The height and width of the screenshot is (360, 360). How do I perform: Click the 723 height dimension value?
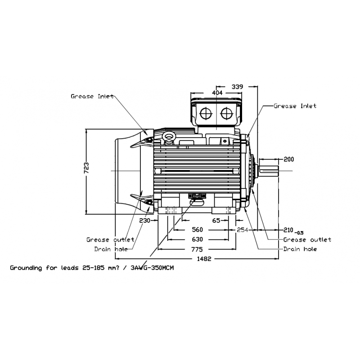click(x=87, y=167)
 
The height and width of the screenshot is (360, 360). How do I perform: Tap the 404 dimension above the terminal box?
click(x=217, y=92)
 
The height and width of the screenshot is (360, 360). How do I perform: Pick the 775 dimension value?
click(x=197, y=249)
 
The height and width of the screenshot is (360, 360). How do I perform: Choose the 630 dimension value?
click(x=197, y=239)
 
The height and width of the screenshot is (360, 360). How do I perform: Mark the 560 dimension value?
click(x=197, y=229)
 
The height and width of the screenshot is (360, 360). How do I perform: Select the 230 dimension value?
click(x=144, y=220)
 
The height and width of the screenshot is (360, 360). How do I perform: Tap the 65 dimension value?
click(x=216, y=220)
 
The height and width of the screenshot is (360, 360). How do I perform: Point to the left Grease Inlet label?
click(x=93, y=96)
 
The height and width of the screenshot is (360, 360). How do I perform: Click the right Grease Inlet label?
click(x=295, y=106)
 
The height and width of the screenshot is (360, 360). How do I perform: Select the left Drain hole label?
click(x=111, y=249)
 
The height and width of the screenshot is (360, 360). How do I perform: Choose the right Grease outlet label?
click(x=307, y=239)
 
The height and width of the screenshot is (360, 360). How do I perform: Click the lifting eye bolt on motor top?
click(x=170, y=136)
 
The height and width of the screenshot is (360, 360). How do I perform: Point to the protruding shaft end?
click(x=270, y=171)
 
